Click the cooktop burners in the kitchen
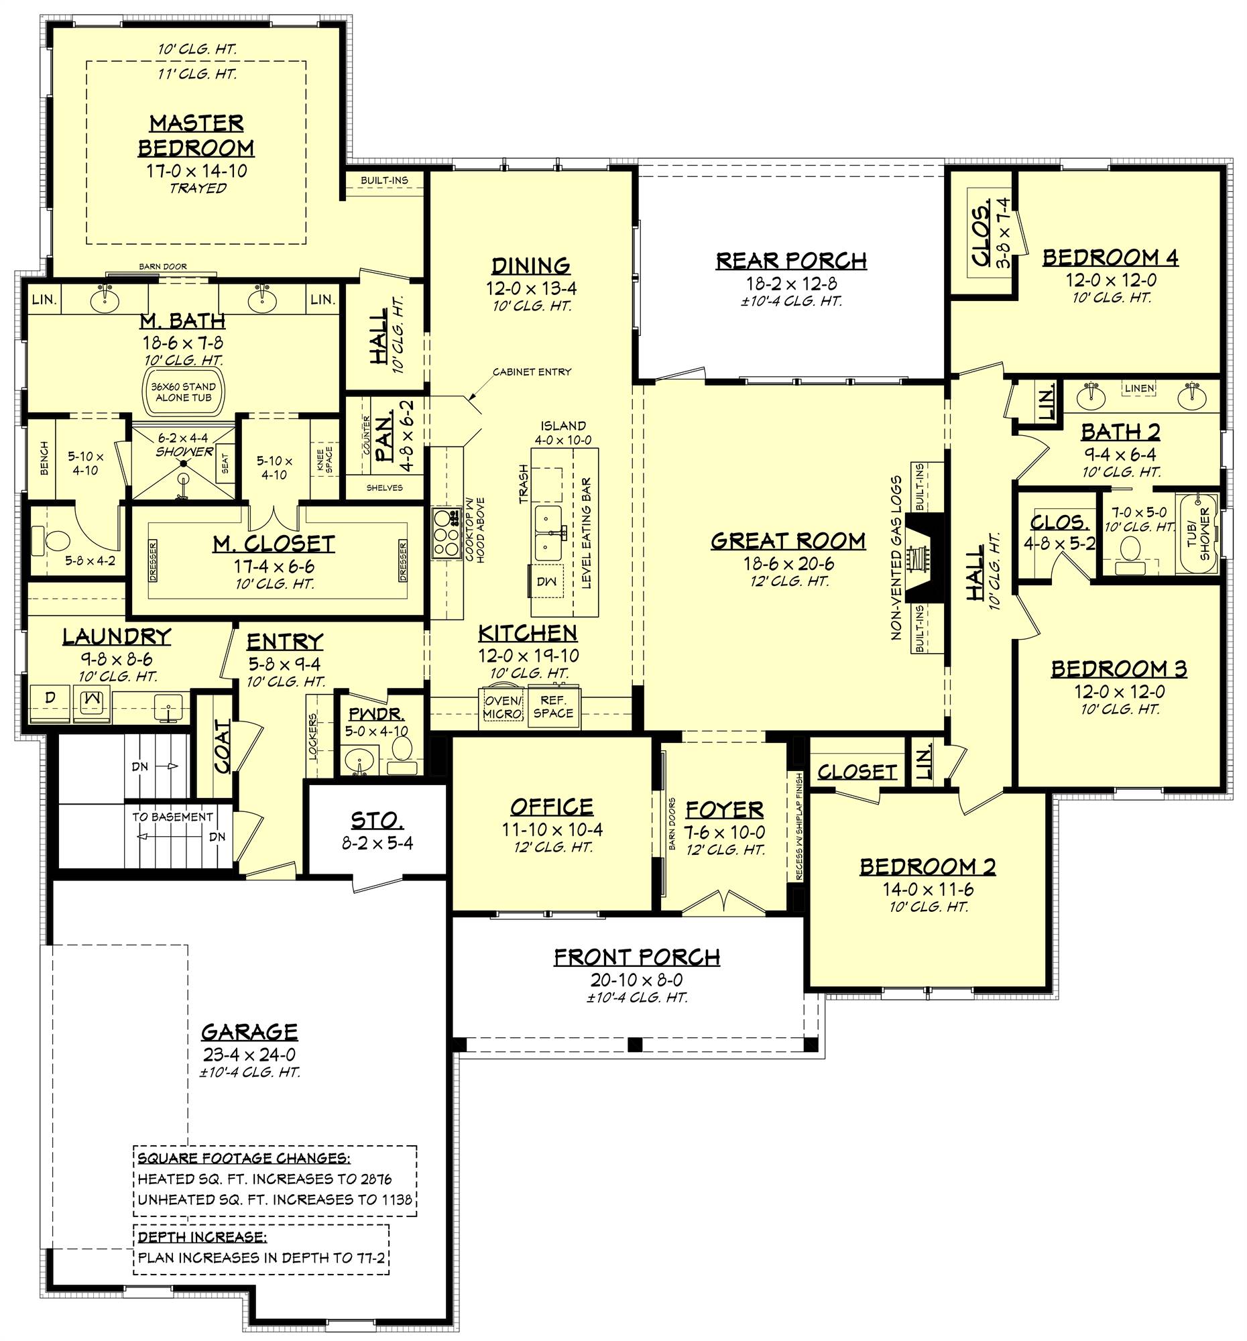445,533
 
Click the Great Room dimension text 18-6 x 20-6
788,564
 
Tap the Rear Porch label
790,260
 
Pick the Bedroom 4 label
1110,257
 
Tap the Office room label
551,807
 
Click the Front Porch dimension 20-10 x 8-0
638,980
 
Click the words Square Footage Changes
243,1159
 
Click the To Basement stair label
172,817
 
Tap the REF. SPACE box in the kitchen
552,707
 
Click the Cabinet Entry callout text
532,371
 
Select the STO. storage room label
377,821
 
